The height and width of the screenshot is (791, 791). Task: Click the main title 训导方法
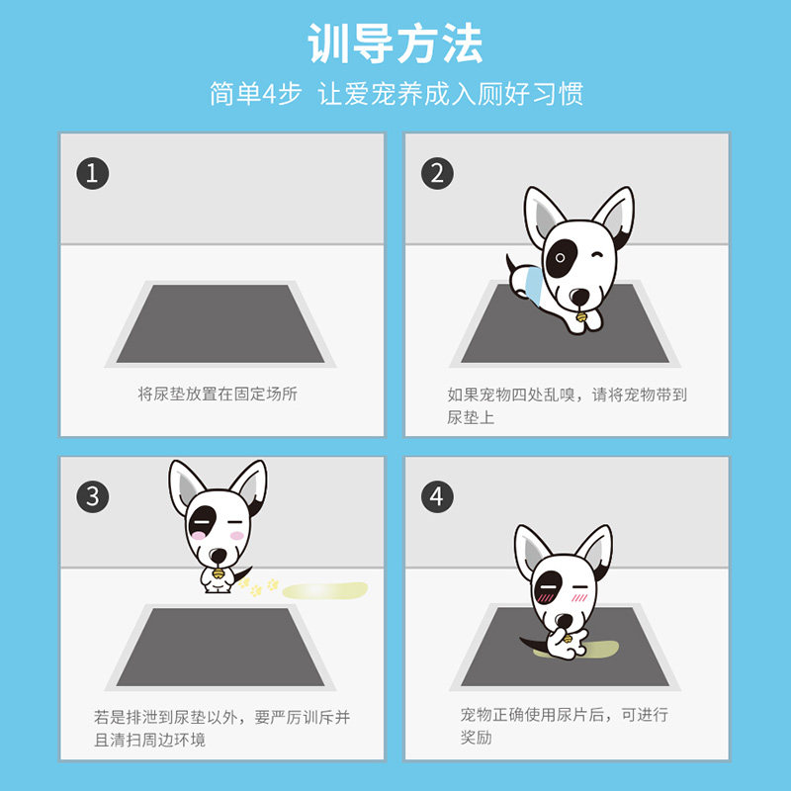click(395, 44)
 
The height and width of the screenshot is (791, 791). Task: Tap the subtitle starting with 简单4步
click(396, 94)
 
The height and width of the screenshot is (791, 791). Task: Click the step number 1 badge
click(92, 174)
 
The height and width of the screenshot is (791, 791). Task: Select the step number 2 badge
click(437, 174)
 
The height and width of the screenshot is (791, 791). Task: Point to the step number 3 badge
click(92, 496)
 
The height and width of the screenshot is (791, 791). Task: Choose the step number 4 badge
click(437, 496)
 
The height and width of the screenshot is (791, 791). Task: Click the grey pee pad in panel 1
click(220, 323)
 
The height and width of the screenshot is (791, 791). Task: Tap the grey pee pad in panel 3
click(220, 647)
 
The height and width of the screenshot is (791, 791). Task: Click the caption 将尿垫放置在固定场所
click(218, 394)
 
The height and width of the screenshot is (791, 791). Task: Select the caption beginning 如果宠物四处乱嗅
click(567, 405)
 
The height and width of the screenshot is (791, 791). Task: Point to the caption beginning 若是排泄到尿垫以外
click(221, 729)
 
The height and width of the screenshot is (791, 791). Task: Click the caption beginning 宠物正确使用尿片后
click(564, 726)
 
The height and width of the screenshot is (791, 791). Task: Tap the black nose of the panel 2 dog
click(580, 297)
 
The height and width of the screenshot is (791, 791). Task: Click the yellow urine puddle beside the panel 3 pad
click(325, 590)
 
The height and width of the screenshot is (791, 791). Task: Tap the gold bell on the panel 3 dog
click(218, 573)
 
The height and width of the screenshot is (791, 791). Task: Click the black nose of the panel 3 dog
click(218, 556)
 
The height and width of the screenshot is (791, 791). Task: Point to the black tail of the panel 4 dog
click(534, 644)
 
